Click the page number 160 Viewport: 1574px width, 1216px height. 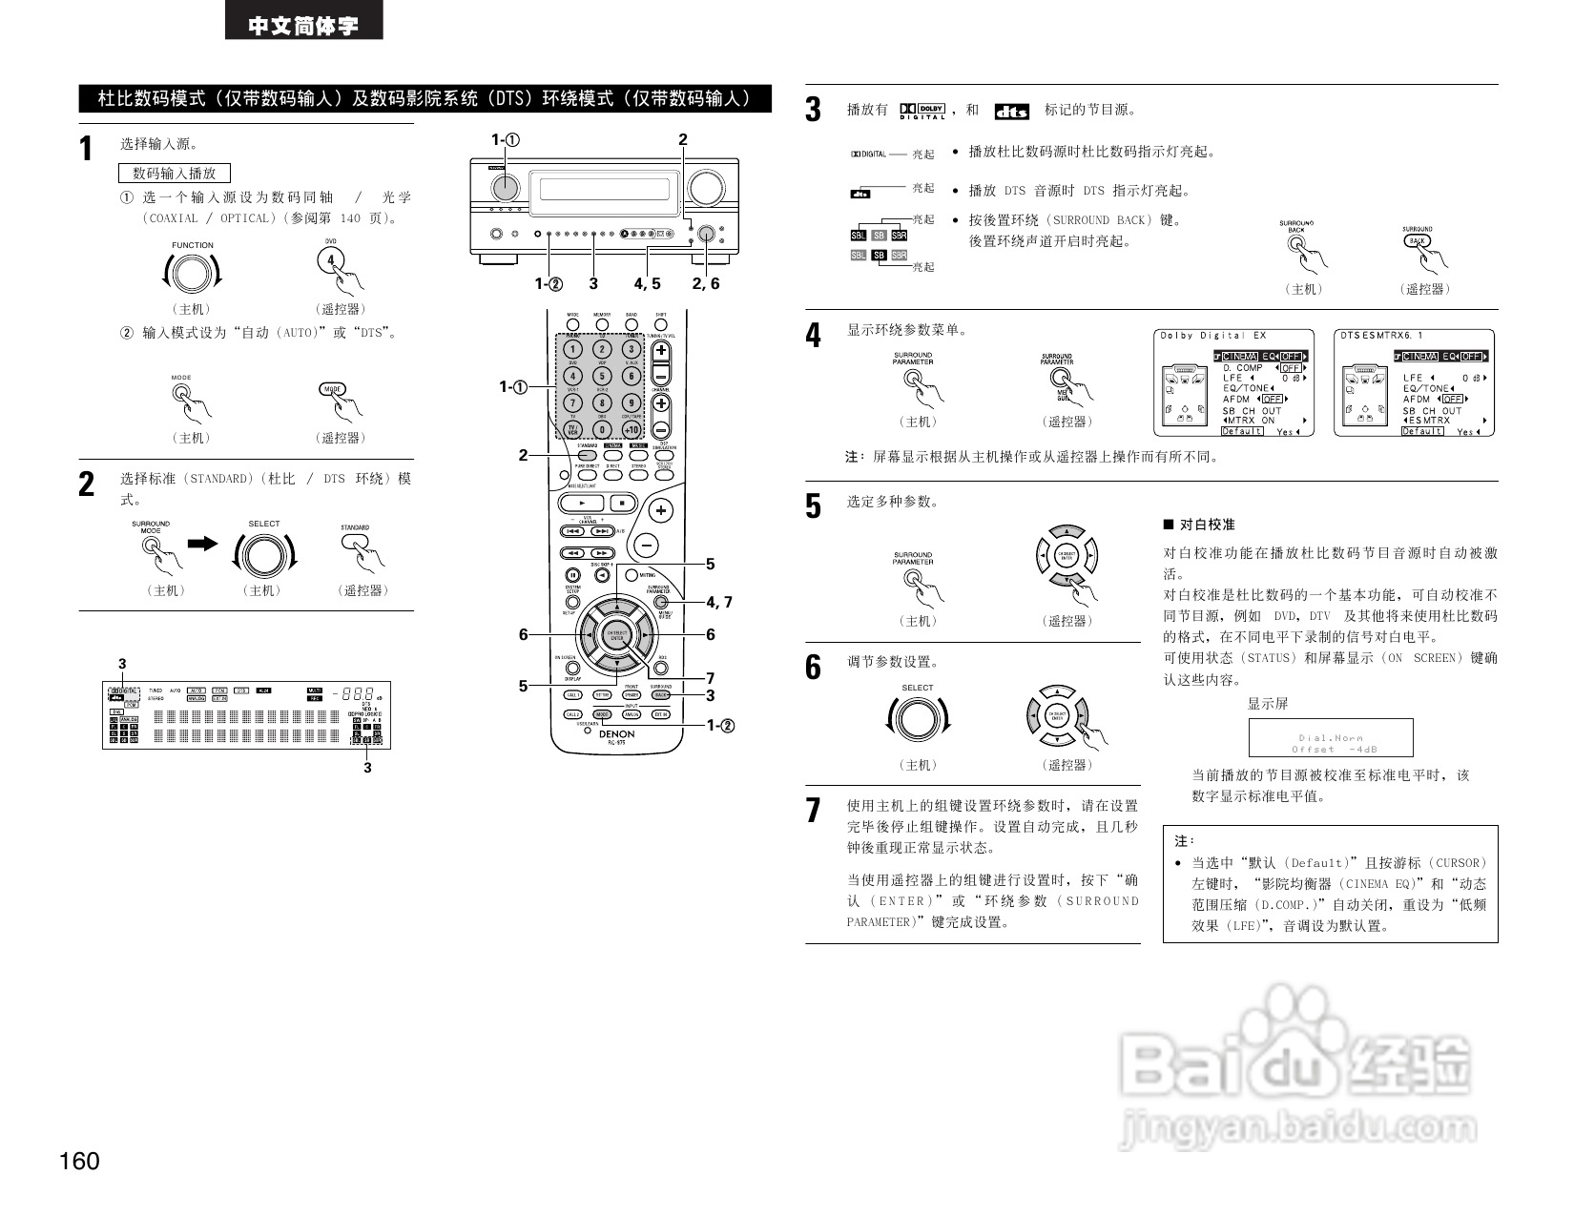click(79, 1161)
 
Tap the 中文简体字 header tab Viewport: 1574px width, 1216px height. click(303, 25)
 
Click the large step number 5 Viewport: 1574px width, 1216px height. click(813, 506)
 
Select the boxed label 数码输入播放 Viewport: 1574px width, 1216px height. click(175, 173)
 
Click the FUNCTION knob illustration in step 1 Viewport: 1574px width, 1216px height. click(192, 274)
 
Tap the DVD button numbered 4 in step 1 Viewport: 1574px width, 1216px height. click(331, 260)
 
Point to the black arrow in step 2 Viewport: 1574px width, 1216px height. click(203, 543)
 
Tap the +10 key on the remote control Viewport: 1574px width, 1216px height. click(632, 429)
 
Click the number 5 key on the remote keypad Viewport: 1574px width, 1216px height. click(602, 377)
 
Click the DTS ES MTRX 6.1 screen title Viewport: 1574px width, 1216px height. click(1381, 336)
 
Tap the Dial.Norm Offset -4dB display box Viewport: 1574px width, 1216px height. click(1331, 738)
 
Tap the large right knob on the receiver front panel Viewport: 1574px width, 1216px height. click(706, 188)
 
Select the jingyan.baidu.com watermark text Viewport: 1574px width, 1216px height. click(1298, 1129)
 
